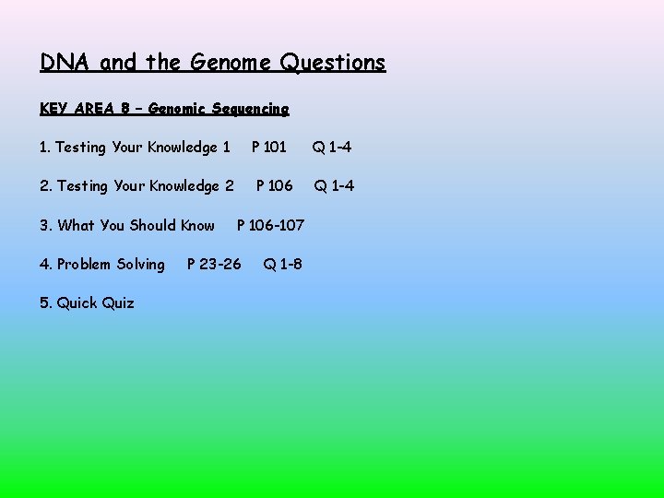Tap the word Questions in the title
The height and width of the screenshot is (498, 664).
coord(333,63)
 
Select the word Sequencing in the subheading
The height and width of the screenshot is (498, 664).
coord(250,109)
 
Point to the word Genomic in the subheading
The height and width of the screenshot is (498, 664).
coord(176,109)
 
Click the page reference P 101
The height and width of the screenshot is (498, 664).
coord(269,148)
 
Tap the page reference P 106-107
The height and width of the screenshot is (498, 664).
coord(271,225)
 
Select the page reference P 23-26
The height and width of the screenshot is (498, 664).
coord(214,265)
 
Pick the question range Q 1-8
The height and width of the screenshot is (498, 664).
coord(282,265)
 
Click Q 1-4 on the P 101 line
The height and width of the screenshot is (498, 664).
coord(331,148)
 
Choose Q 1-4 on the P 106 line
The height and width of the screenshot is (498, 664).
coord(334,186)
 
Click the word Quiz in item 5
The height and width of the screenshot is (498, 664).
coord(118,303)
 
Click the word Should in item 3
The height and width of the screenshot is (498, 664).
coord(152,225)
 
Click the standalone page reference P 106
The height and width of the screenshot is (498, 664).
coord(274,186)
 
